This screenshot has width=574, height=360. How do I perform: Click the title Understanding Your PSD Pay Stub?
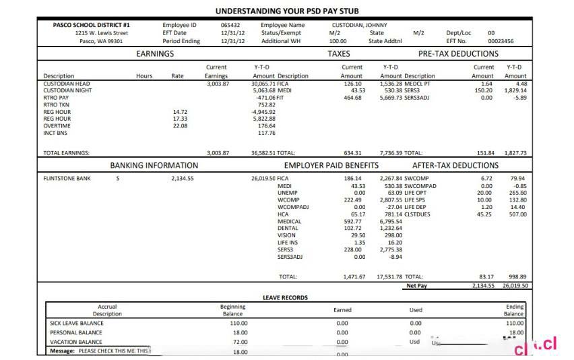click(x=287, y=11)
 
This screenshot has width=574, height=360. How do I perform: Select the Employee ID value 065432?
click(x=230, y=25)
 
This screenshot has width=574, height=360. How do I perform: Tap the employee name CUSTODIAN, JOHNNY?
click(x=358, y=25)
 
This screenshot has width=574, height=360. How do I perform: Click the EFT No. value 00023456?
click(x=501, y=41)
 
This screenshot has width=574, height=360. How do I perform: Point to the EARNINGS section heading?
click(x=155, y=53)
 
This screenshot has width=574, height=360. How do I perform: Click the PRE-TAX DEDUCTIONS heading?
click(x=458, y=53)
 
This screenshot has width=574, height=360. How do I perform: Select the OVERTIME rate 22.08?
click(x=180, y=125)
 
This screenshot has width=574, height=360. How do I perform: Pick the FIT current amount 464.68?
click(x=352, y=98)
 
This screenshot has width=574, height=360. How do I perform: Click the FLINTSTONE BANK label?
click(x=67, y=179)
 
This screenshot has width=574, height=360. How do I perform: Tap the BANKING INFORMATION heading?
click(x=154, y=165)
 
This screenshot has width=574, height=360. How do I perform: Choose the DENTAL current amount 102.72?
click(x=354, y=229)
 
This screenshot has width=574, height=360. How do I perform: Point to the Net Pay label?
click(x=417, y=285)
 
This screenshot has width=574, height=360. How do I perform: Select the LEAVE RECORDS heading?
click(x=285, y=297)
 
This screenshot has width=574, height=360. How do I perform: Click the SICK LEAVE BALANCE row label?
click(x=77, y=323)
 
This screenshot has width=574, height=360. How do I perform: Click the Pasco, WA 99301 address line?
click(x=101, y=41)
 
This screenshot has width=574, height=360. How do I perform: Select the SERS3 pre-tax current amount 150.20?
click(x=483, y=90)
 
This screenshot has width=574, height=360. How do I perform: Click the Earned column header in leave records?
click(x=342, y=310)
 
